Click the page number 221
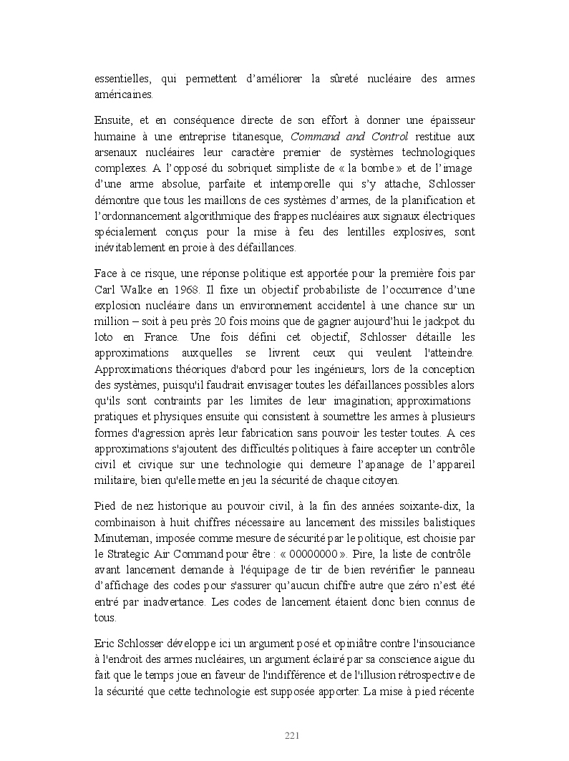point(291,736)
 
